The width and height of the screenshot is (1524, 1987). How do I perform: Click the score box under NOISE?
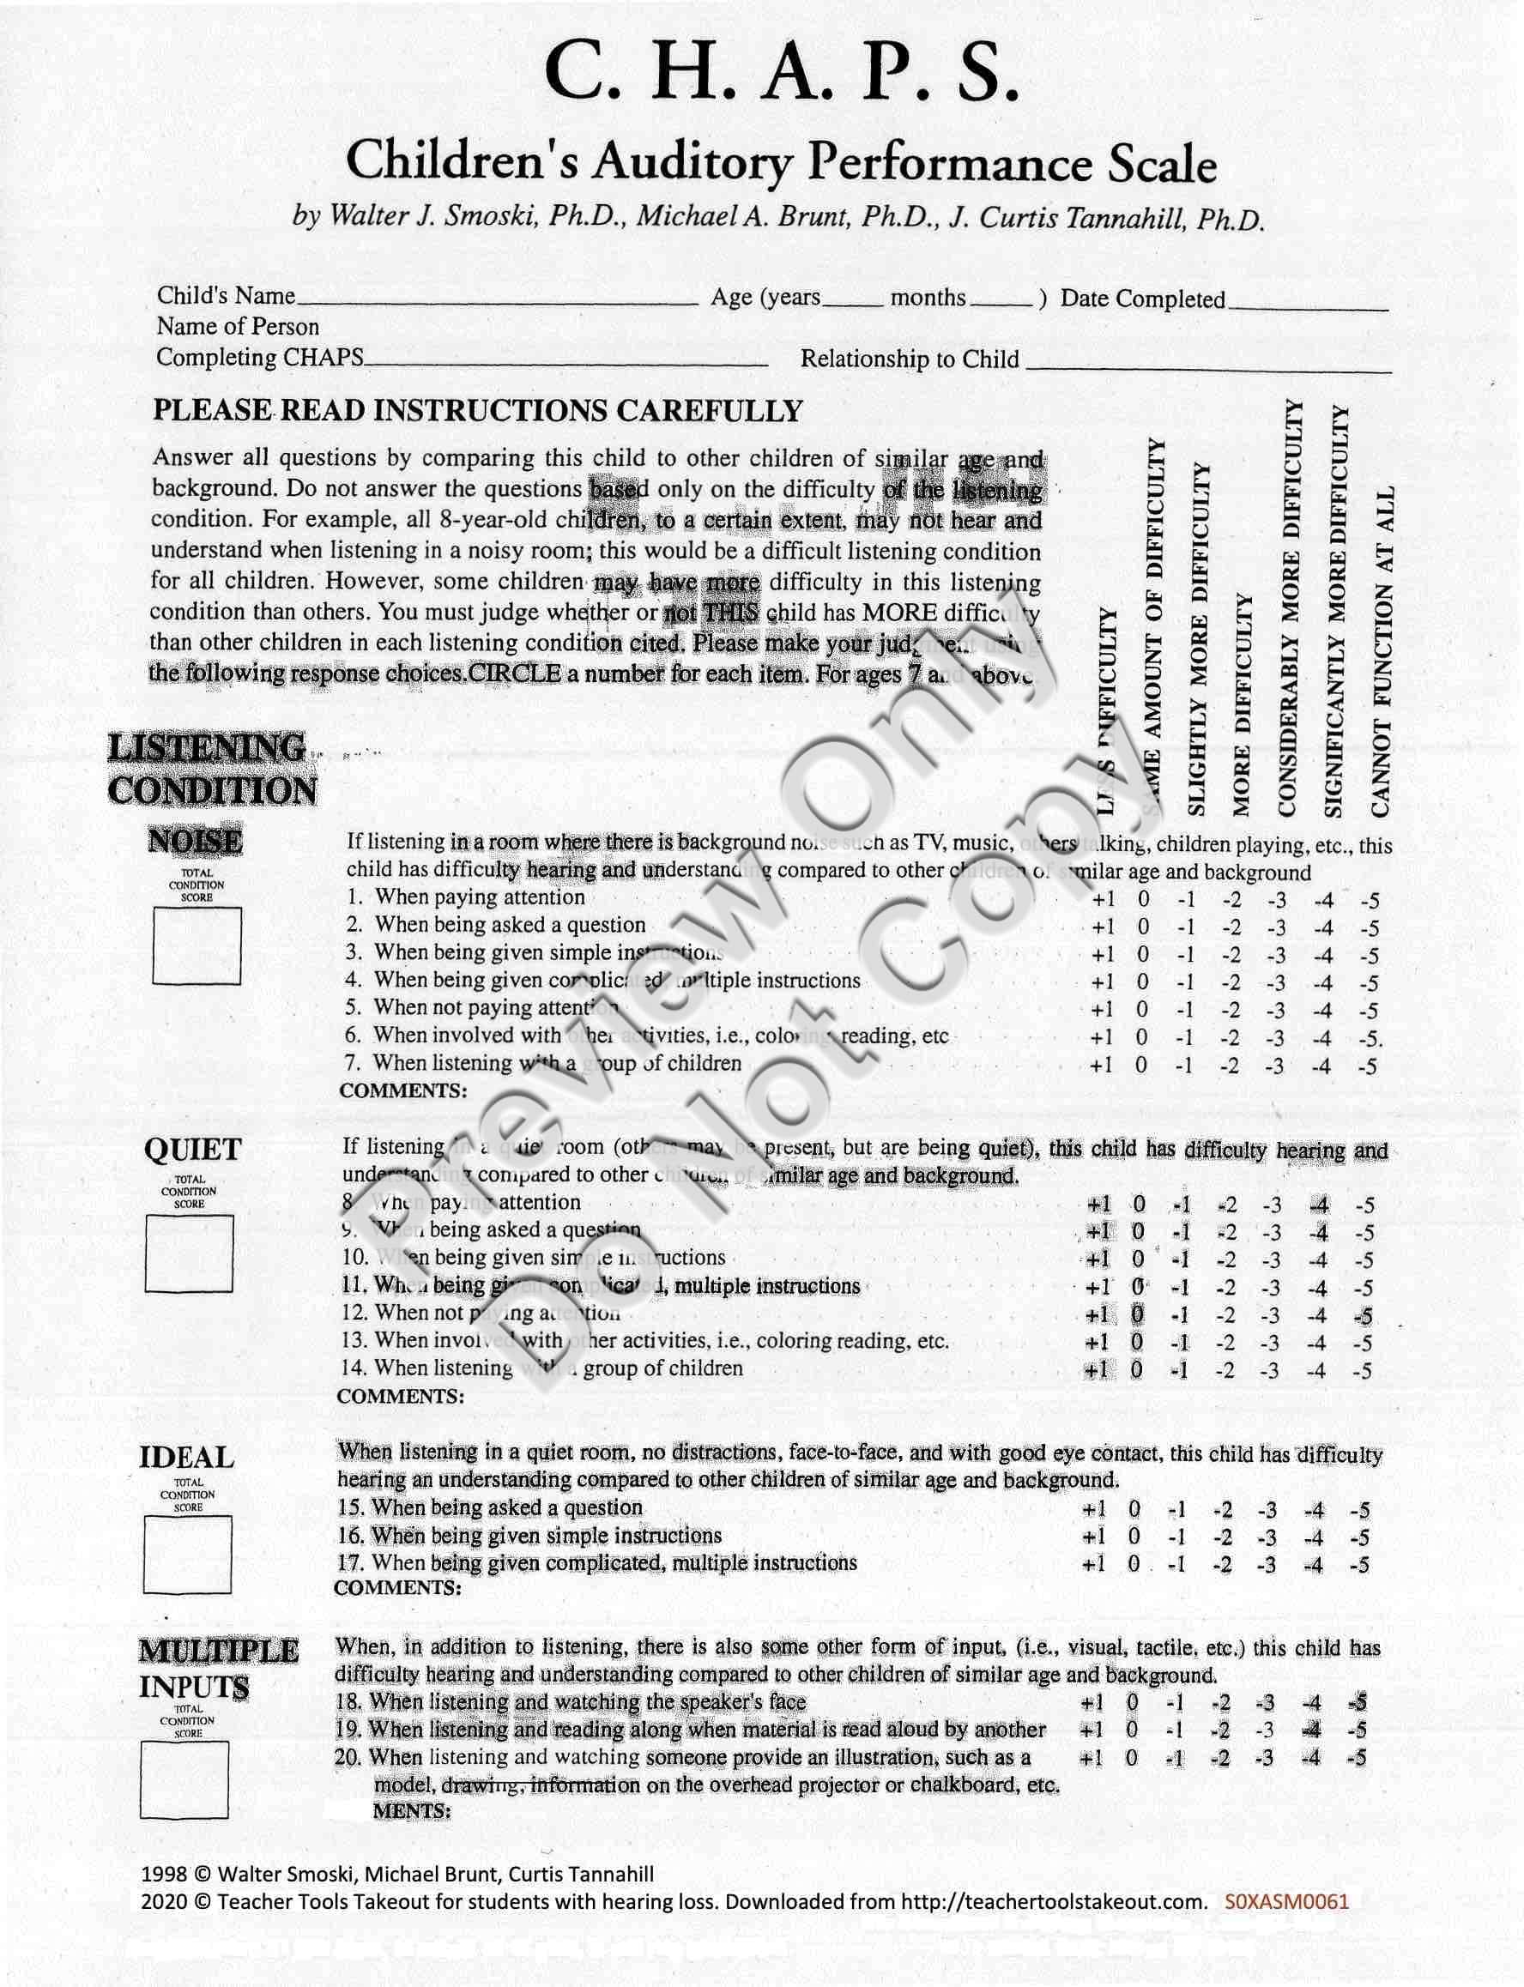pos(197,946)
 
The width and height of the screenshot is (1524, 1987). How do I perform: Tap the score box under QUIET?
pos(189,1253)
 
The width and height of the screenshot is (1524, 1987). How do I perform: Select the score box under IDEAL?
pos(187,1555)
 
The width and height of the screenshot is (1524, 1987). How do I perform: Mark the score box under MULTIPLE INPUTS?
pos(184,1780)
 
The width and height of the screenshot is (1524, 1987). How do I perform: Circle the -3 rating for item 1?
pos(1276,902)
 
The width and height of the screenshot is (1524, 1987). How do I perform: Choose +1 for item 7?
pos(1102,1066)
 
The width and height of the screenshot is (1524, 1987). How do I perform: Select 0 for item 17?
pos(1134,1564)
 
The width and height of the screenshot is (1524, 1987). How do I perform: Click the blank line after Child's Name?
pos(497,300)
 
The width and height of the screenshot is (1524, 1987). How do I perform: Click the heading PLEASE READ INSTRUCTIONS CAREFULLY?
pos(477,411)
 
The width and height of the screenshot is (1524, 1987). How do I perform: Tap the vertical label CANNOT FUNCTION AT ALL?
pos(1381,651)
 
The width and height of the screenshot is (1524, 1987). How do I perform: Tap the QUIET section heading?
pos(192,1150)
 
